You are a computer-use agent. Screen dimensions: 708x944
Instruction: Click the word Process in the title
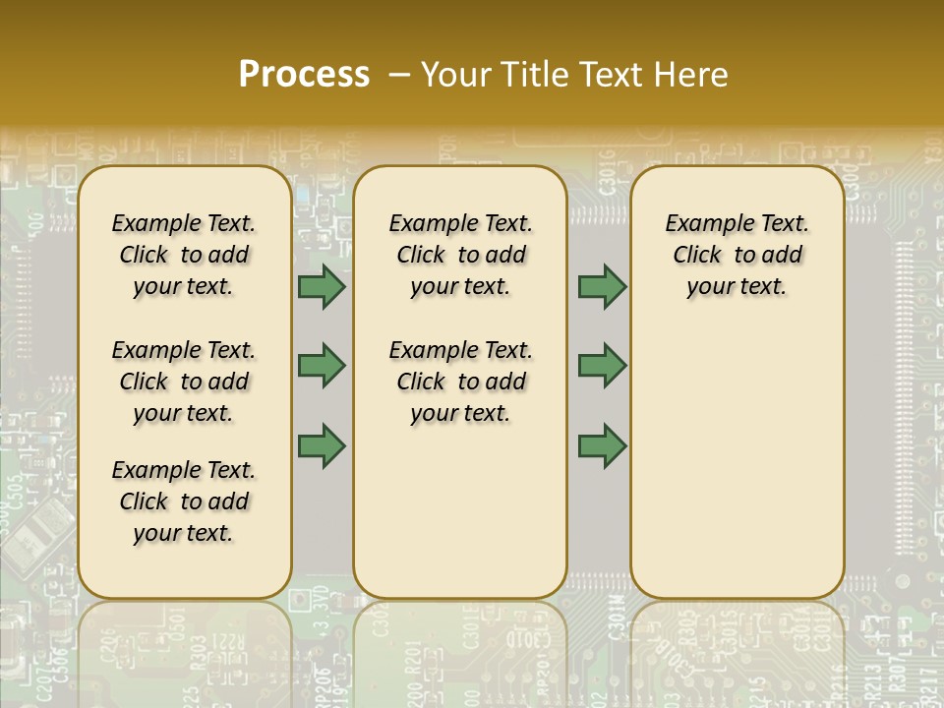304,74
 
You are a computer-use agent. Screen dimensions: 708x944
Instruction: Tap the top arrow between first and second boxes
322,287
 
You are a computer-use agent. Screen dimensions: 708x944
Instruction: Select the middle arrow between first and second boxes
322,366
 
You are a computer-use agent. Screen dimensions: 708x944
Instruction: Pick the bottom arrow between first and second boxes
322,445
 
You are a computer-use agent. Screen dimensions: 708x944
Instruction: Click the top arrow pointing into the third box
602,287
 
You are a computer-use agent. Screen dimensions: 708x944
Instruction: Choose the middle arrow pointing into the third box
602,366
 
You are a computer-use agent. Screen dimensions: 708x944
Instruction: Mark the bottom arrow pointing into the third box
602,445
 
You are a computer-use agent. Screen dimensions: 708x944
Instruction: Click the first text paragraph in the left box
184,255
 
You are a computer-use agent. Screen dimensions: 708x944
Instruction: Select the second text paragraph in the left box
184,382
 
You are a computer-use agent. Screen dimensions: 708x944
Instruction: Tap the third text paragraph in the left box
184,501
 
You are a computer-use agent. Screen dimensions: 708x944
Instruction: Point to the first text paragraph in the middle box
461,255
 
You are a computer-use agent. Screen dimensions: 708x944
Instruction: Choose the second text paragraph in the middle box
461,382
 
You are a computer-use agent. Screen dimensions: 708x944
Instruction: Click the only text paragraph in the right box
737,255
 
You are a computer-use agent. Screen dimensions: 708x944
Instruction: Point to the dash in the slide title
398,75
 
